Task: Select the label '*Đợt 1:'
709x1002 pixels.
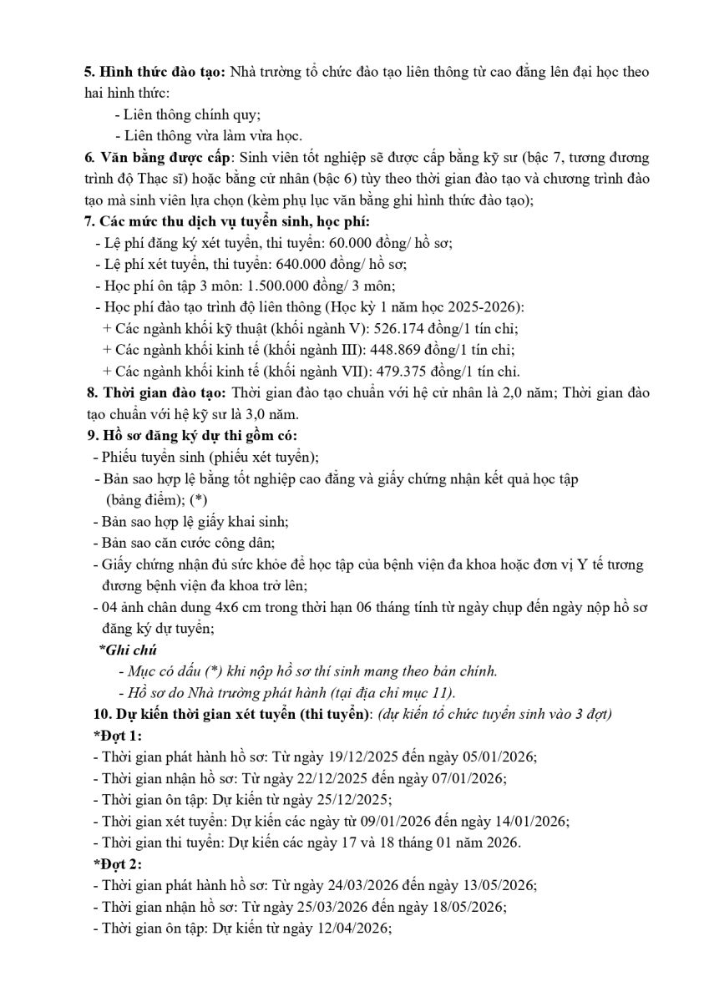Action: click(x=117, y=736)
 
